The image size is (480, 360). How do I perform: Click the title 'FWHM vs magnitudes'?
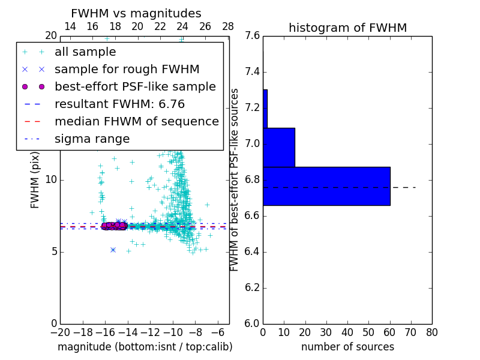[x=136, y=13]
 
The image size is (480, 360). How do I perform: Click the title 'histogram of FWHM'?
[x=347, y=28]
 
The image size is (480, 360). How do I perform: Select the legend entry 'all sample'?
[x=85, y=52]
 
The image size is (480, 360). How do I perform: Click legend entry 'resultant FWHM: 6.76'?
[x=119, y=104]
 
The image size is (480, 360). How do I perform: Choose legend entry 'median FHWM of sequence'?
[x=136, y=122]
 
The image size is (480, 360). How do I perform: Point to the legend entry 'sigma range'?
[x=92, y=139]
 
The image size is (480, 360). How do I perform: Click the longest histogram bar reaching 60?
[x=326, y=186]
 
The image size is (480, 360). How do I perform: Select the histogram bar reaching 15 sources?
[x=279, y=147]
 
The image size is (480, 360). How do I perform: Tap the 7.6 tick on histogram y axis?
[x=252, y=36]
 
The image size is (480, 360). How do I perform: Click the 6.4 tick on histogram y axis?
[x=252, y=251]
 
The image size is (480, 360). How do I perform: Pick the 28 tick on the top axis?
[x=228, y=26]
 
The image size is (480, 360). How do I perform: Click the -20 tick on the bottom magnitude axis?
[x=60, y=332]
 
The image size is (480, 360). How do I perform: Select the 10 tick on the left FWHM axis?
[x=51, y=180]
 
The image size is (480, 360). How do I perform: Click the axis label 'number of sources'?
[x=347, y=347]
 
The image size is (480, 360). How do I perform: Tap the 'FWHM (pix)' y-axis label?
[x=35, y=180]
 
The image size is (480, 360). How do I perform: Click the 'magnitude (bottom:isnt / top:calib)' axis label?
[x=145, y=347]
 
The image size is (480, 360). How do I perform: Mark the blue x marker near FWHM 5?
[x=113, y=250]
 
